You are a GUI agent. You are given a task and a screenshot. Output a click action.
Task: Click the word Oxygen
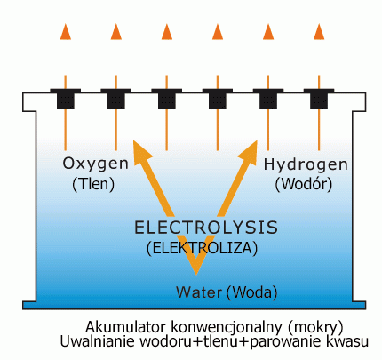pos(96,164)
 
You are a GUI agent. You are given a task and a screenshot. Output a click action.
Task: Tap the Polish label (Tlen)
pos(93,184)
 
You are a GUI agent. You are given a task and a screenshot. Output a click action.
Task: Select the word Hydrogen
pos(306,165)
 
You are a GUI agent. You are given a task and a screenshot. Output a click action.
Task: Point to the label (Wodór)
pos(304,184)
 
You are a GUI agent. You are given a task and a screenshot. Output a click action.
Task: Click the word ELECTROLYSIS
pos(206,228)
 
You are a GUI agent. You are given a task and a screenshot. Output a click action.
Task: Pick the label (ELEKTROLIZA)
pos(202,248)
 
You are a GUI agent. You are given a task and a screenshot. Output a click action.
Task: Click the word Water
pos(199,292)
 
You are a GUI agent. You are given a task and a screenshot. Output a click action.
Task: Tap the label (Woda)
pos(251,292)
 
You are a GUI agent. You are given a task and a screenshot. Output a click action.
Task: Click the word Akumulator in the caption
pos(125,327)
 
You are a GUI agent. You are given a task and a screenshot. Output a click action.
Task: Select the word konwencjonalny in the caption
pos(227,328)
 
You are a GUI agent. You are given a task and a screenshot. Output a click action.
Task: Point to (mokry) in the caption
pos(315,328)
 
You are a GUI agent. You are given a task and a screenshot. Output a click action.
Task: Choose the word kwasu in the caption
pos(347,342)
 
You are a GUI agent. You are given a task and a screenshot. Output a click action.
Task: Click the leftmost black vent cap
pos(66,99)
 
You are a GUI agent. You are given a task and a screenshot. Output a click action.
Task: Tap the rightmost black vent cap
pos(319,99)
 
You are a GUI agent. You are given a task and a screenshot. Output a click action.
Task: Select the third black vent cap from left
pos(167,99)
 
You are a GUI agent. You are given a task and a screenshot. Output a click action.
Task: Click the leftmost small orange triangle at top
pos(66,32)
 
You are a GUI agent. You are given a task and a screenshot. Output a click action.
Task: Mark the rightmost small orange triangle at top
pos(319,32)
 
